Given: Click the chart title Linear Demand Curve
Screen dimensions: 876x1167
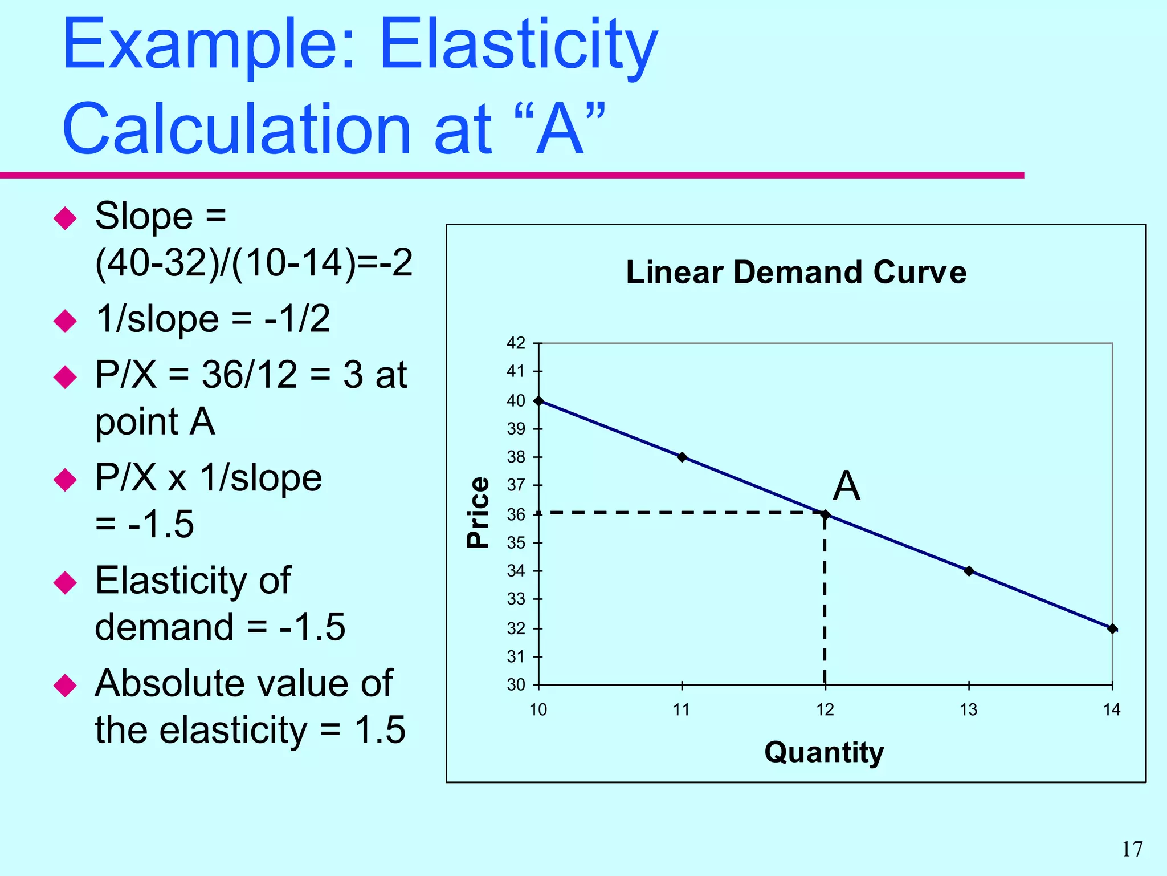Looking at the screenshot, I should coord(796,272).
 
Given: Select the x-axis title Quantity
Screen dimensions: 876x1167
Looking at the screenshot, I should coord(824,752).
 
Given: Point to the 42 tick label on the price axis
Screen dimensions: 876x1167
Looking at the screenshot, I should coord(516,343).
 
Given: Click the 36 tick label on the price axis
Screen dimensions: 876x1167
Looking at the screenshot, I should coord(516,514).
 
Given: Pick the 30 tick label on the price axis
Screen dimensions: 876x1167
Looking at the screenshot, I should coord(516,684).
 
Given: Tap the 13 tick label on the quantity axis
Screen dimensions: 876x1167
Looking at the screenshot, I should coord(968,710).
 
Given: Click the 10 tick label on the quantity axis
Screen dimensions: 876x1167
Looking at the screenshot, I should coord(538,710).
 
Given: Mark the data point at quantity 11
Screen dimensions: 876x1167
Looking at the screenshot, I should coord(682,457).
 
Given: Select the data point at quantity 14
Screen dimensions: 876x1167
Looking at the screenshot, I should coord(1112,628).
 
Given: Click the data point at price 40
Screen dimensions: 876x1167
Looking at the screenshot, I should coord(538,401).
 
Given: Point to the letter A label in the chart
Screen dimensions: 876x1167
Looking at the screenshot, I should coord(846,486).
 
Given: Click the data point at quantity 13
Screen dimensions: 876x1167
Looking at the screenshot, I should coord(969,571).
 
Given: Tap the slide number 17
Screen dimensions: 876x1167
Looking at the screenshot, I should coord(1132,849).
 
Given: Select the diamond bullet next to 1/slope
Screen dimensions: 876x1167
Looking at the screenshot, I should coord(65,321).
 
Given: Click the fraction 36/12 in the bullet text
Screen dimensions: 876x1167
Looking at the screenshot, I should coord(250,375).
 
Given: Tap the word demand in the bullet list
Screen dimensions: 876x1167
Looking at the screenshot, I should coord(164,627).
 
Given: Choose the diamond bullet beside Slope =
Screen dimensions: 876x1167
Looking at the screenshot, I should coord(65,218).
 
